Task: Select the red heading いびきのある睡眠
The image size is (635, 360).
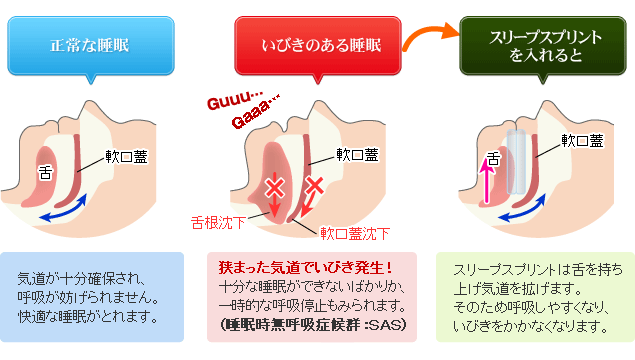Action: (316, 44)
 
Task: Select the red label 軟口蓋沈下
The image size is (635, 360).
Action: (355, 233)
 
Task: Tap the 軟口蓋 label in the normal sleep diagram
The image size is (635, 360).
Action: (128, 156)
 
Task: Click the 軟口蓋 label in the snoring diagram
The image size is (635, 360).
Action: (357, 154)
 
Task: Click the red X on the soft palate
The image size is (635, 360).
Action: (313, 184)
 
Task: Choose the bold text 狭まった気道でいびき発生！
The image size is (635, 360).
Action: (304, 268)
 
